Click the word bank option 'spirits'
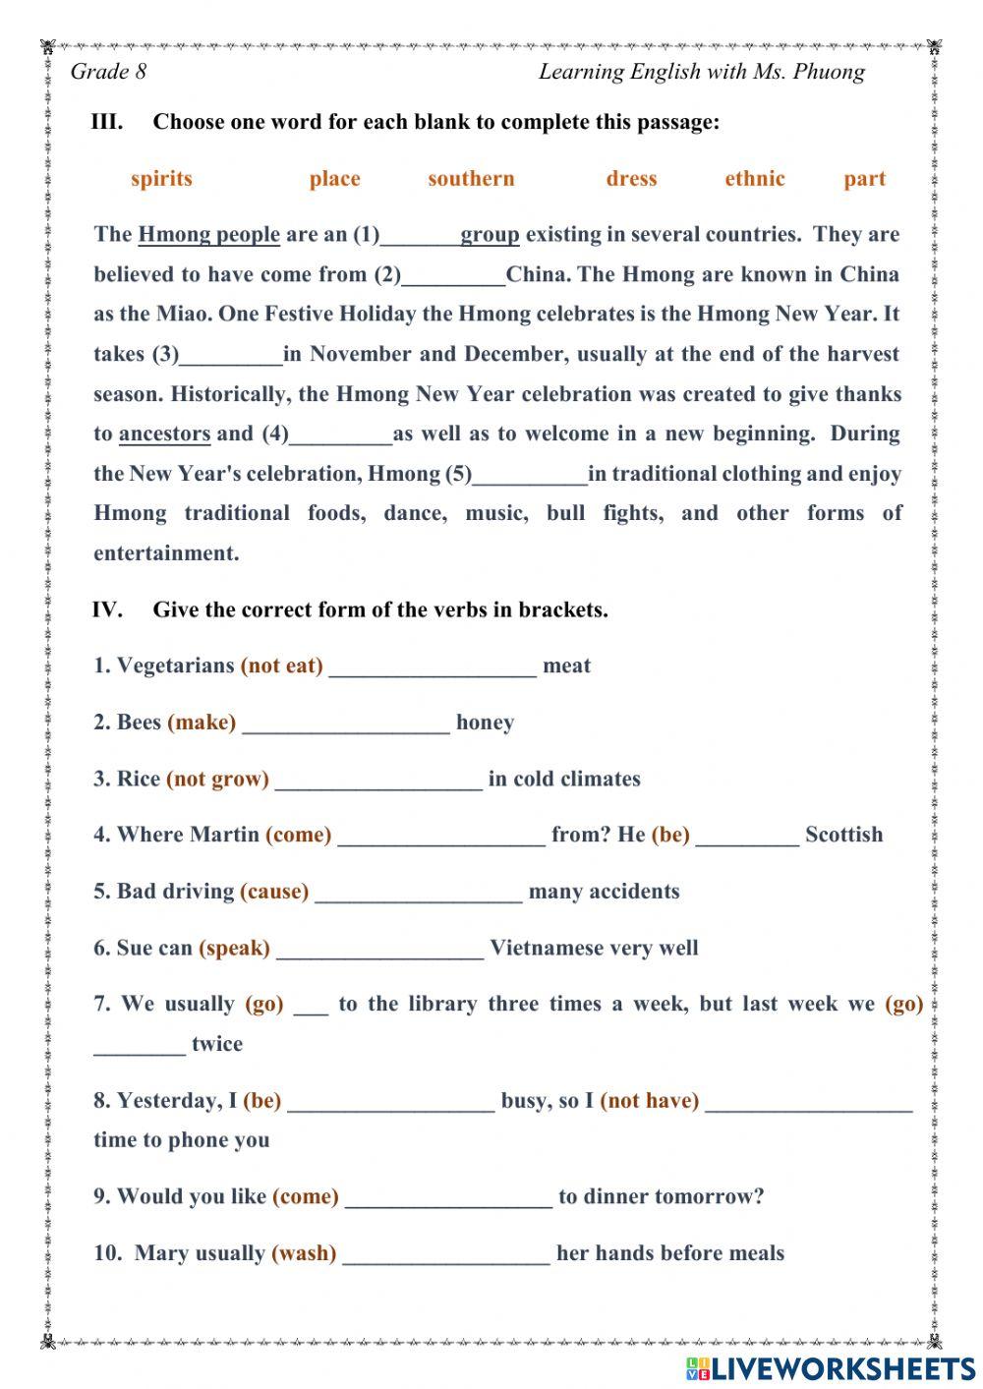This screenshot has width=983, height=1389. [x=161, y=179]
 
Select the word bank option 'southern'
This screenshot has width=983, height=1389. [x=471, y=179]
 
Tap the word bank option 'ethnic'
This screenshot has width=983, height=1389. [x=754, y=179]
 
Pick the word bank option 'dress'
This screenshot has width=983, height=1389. [x=631, y=179]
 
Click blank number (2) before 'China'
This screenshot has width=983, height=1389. [x=453, y=275]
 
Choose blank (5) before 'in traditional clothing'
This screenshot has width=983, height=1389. [x=530, y=475]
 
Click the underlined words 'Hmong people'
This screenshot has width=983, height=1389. [x=208, y=235]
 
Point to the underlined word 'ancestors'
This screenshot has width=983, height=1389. [x=164, y=434]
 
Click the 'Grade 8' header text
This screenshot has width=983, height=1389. [x=108, y=72]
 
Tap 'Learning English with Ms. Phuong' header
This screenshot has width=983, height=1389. [x=702, y=72]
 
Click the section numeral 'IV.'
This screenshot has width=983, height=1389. [x=107, y=609]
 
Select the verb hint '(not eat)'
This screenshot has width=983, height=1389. [x=281, y=666]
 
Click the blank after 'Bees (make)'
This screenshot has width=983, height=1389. [x=346, y=723]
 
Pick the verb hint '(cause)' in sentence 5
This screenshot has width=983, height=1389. [x=273, y=892]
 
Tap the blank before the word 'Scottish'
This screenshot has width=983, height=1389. [x=747, y=836]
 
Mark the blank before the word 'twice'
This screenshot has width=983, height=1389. [x=139, y=1045]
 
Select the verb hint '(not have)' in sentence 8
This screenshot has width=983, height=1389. [x=649, y=1101]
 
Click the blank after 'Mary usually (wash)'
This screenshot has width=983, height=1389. [x=446, y=1254]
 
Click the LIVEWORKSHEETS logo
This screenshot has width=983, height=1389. [x=831, y=1367]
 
